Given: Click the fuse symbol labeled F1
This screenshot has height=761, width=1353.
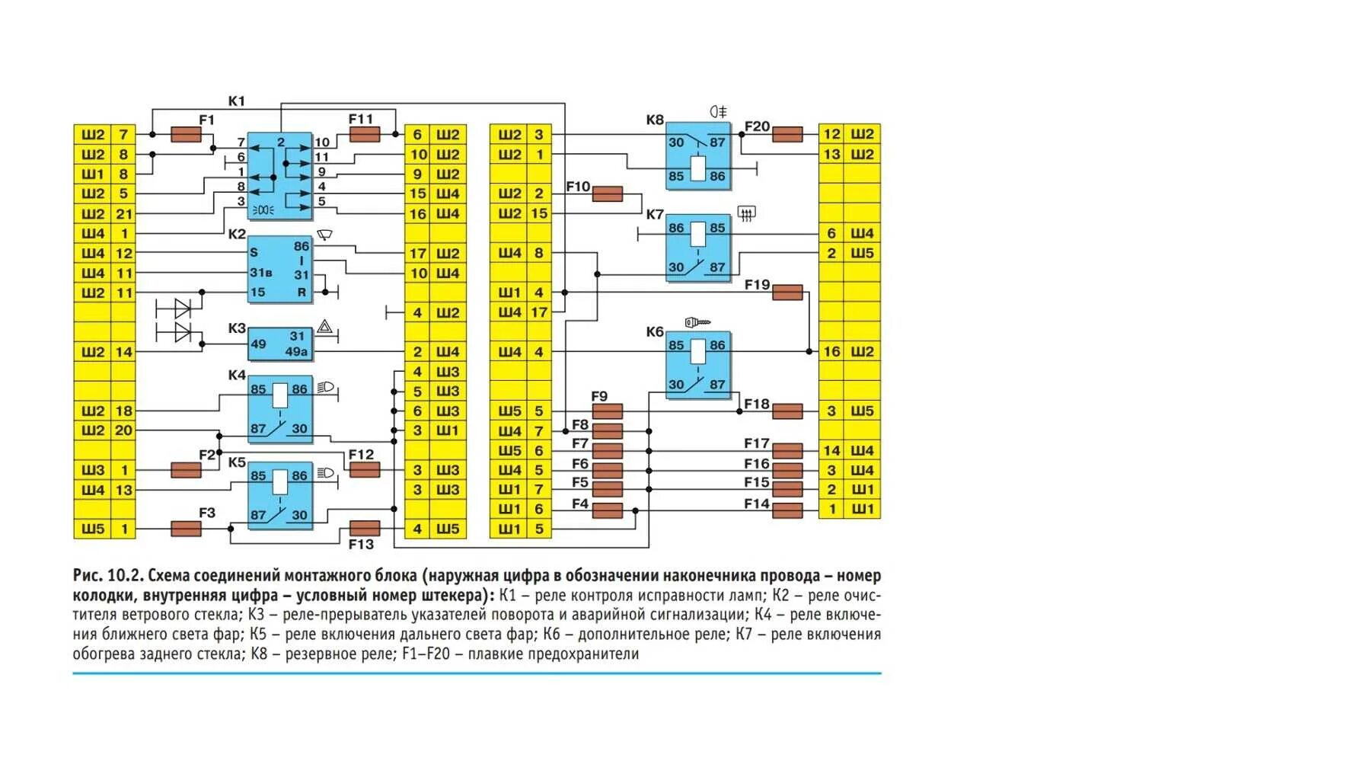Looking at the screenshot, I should click(x=186, y=135).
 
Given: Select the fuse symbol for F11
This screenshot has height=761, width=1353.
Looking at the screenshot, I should click(x=364, y=135).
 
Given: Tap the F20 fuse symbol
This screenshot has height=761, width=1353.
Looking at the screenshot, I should click(x=787, y=135).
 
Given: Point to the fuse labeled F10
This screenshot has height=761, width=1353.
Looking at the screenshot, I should click(x=607, y=194).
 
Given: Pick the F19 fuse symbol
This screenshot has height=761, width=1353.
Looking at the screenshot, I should click(x=787, y=292).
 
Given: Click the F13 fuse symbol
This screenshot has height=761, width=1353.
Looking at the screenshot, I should click(x=364, y=528).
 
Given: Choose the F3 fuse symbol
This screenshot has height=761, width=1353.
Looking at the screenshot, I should click(x=186, y=529).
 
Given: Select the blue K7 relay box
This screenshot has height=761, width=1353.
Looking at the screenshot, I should click(x=697, y=248).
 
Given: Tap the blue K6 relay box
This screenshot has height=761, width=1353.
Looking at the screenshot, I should click(x=697, y=365).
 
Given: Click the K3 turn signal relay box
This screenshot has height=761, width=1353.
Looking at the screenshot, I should click(x=280, y=344).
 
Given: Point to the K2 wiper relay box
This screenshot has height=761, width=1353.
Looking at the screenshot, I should click(x=280, y=269).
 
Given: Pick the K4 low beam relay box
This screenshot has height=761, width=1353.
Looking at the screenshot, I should click(x=280, y=409).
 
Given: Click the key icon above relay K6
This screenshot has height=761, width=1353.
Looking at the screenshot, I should click(x=697, y=322).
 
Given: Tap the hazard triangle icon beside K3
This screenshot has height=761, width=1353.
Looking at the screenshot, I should click(x=325, y=327).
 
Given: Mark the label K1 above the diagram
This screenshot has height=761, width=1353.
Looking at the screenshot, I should click(x=237, y=101).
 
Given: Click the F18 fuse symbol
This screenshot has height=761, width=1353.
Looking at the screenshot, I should click(x=787, y=411).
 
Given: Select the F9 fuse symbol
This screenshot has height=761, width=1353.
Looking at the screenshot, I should click(x=607, y=411).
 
